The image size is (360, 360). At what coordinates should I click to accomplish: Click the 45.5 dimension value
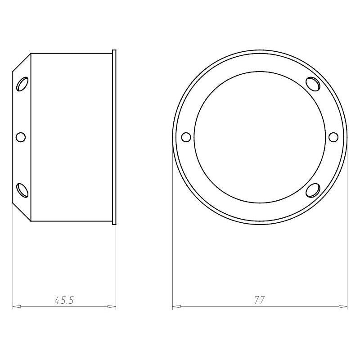coord(64,300)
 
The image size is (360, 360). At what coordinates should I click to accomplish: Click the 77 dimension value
coord(260,300)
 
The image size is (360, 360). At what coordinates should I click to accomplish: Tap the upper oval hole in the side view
coord(22,84)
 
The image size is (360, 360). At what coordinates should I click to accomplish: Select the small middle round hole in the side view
coord(21,137)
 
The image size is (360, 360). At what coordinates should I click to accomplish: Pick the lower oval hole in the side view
coord(22,190)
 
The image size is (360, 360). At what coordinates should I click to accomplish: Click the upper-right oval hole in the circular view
coord(313,84)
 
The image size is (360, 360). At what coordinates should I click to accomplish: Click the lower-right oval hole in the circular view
coord(313,190)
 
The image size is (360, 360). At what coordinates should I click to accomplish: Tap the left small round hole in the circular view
coord(186,137)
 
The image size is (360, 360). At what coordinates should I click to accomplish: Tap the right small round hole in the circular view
coord(333,137)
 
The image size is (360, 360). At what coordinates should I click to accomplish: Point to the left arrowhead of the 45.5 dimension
coord(17,306)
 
